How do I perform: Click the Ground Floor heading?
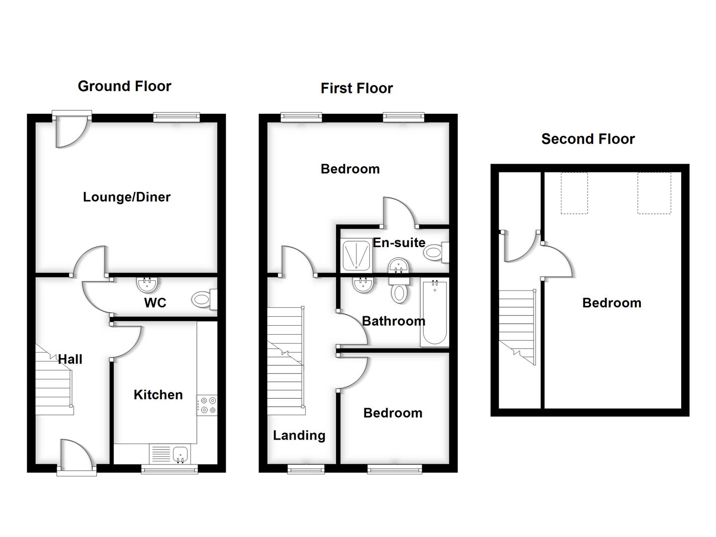click(x=124, y=86)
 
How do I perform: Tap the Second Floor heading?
click(x=588, y=139)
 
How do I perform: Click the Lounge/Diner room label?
click(x=126, y=197)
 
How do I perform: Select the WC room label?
click(x=155, y=303)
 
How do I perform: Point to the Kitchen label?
click(x=158, y=395)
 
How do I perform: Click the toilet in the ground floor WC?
click(x=203, y=299)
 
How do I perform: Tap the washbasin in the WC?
click(x=147, y=284)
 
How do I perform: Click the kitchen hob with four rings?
click(x=207, y=405)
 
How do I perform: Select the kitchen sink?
click(x=180, y=453)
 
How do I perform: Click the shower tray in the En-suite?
click(x=357, y=255)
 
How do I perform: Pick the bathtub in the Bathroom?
click(x=435, y=313)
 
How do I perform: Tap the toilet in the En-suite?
click(x=436, y=253)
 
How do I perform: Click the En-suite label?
click(x=399, y=243)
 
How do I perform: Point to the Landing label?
click(x=299, y=436)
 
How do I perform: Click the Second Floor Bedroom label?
click(x=612, y=303)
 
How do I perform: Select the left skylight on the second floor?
click(x=574, y=193)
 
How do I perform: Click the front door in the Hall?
click(x=76, y=455)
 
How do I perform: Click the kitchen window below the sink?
click(x=170, y=469)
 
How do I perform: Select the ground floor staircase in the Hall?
click(x=54, y=383)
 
